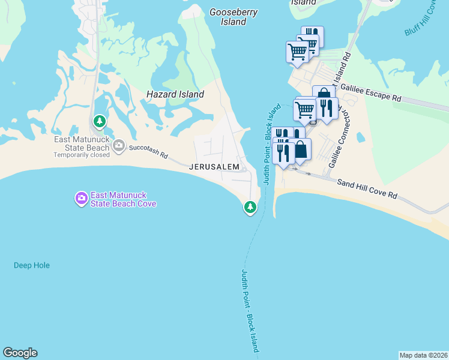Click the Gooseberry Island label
point(228,16)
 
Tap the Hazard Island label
point(175,94)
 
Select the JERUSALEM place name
point(214,167)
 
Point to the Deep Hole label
point(32,265)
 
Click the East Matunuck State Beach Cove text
point(123,199)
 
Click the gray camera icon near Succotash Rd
point(118,145)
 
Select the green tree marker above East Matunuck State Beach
point(100,121)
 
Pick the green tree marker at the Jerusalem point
point(250,207)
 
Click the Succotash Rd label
point(148,150)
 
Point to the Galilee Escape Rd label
point(371,92)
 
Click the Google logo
point(20,353)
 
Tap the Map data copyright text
point(423,355)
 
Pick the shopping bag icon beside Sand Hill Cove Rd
point(301,150)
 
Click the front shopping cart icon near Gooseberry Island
point(297,52)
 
